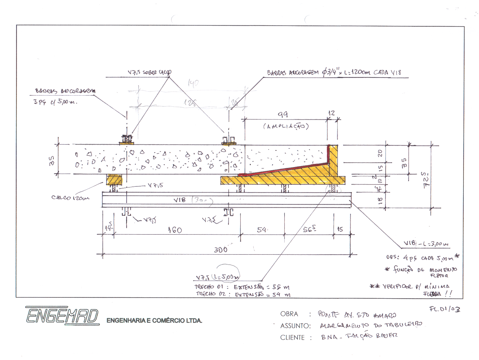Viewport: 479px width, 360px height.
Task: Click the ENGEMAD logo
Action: click(x=62, y=315)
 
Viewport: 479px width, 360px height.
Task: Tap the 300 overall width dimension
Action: click(x=221, y=249)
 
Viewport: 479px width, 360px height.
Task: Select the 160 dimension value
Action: click(x=175, y=230)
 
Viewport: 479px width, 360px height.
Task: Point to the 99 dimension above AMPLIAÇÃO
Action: click(x=283, y=114)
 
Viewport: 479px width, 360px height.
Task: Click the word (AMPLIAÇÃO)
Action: click(x=286, y=126)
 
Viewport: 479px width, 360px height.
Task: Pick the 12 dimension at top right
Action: click(x=331, y=113)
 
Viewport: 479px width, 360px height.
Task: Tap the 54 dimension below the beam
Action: click(x=262, y=230)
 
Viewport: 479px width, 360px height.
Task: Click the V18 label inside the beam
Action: click(x=180, y=200)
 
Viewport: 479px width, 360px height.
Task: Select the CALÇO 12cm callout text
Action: click(x=70, y=197)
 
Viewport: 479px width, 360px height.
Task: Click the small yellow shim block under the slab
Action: click(x=114, y=179)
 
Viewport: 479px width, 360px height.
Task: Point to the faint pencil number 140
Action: click(x=193, y=83)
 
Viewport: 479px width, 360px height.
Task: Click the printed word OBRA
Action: click(x=289, y=314)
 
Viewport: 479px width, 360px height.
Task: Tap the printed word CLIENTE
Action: click(x=292, y=338)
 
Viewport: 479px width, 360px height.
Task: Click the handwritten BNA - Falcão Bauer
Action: click(x=359, y=336)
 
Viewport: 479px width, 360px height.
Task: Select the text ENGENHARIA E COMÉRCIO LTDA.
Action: click(x=154, y=321)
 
